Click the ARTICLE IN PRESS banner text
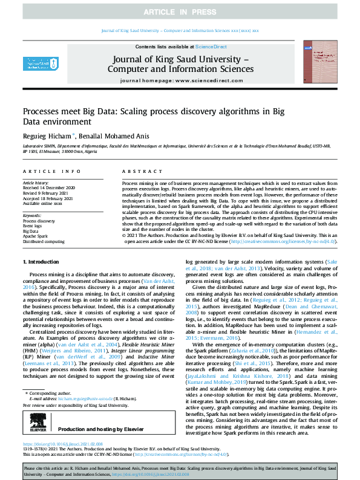pos(180,12)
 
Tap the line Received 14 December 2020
pos(49,188)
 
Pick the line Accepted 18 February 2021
pos(48,198)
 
